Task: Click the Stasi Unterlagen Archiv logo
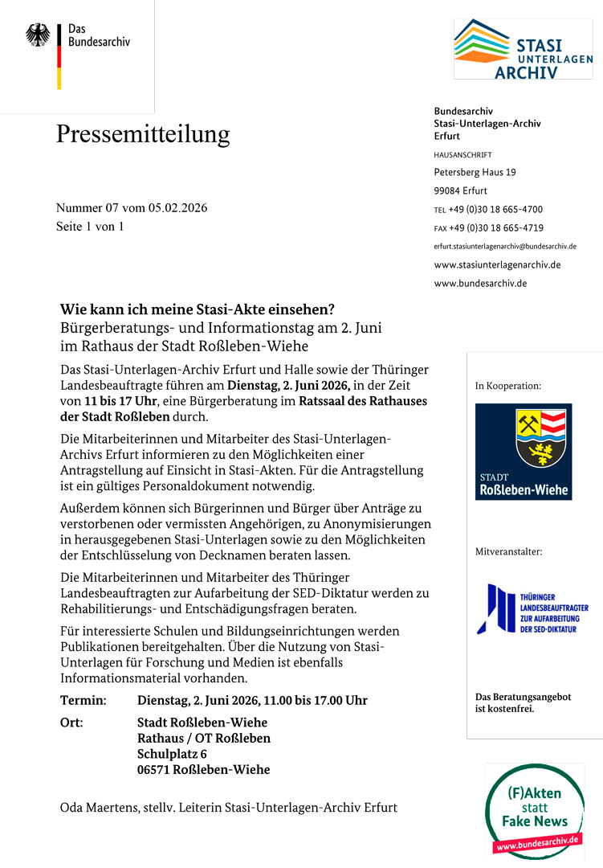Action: click(523, 49)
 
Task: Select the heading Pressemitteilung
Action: click(143, 133)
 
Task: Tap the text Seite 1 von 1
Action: click(90, 227)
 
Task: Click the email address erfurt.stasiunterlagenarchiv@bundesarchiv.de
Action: click(504, 246)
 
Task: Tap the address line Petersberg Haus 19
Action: click(475, 172)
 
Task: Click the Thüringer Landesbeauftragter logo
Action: click(532, 609)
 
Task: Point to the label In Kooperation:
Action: click(508, 386)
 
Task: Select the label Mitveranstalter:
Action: click(508, 551)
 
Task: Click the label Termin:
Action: click(83, 700)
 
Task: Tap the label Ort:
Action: click(71, 722)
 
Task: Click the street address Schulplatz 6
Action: click(172, 754)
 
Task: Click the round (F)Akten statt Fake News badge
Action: click(534, 812)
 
